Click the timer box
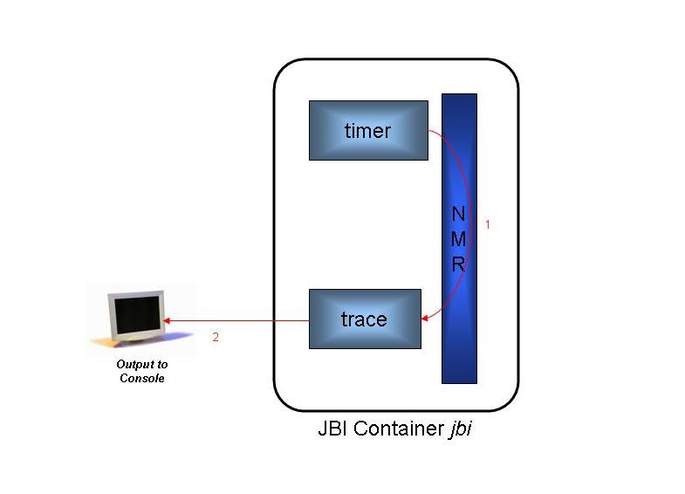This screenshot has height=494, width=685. click(x=368, y=130)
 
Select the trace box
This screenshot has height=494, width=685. click(x=365, y=319)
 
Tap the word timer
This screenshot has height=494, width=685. click(x=367, y=131)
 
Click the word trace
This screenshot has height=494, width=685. click(x=364, y=319)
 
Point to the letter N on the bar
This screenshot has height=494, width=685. click(x=459, y=214)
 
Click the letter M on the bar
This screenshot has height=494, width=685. click(x=459, y=239)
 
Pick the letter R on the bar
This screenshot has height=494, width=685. click(x=459, y=264)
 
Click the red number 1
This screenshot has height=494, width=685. click(x=488, y=224)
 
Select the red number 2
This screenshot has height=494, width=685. click(x=216, y=337)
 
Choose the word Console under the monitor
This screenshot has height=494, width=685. click(x=142, y=378)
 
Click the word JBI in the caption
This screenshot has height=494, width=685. click(x=333, y=430)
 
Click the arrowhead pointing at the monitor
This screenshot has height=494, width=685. click(x=168, y=320)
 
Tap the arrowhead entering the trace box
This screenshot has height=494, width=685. click(x=426, y=319)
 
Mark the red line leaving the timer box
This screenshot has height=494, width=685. click(x=445, y=139)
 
